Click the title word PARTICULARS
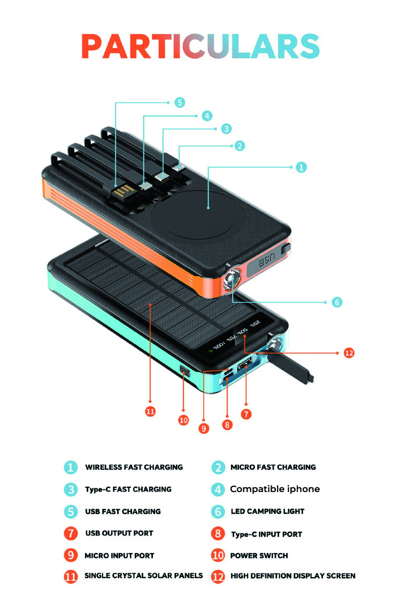click(x=200, y=47)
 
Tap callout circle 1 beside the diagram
click(x=302, y=167)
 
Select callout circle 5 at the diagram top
click(x=180, y=102)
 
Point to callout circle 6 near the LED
click(x=336, y=302)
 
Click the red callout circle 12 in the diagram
click(x=349, y=352)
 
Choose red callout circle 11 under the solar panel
click(x=150, y=411)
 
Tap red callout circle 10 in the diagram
click(x=183, y=420)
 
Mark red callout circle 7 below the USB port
click(x=246, y=413)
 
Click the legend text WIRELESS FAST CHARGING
click(x=134, y=467)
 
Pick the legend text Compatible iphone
click(x=275, y=489)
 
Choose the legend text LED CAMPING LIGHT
click(x=267, y=511)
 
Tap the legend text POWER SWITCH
click(x=259, y=556)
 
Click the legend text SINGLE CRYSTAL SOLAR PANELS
click(x=143, y=576)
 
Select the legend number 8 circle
click(x=218, y=533)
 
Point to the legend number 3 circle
click(x=71, y=489)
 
